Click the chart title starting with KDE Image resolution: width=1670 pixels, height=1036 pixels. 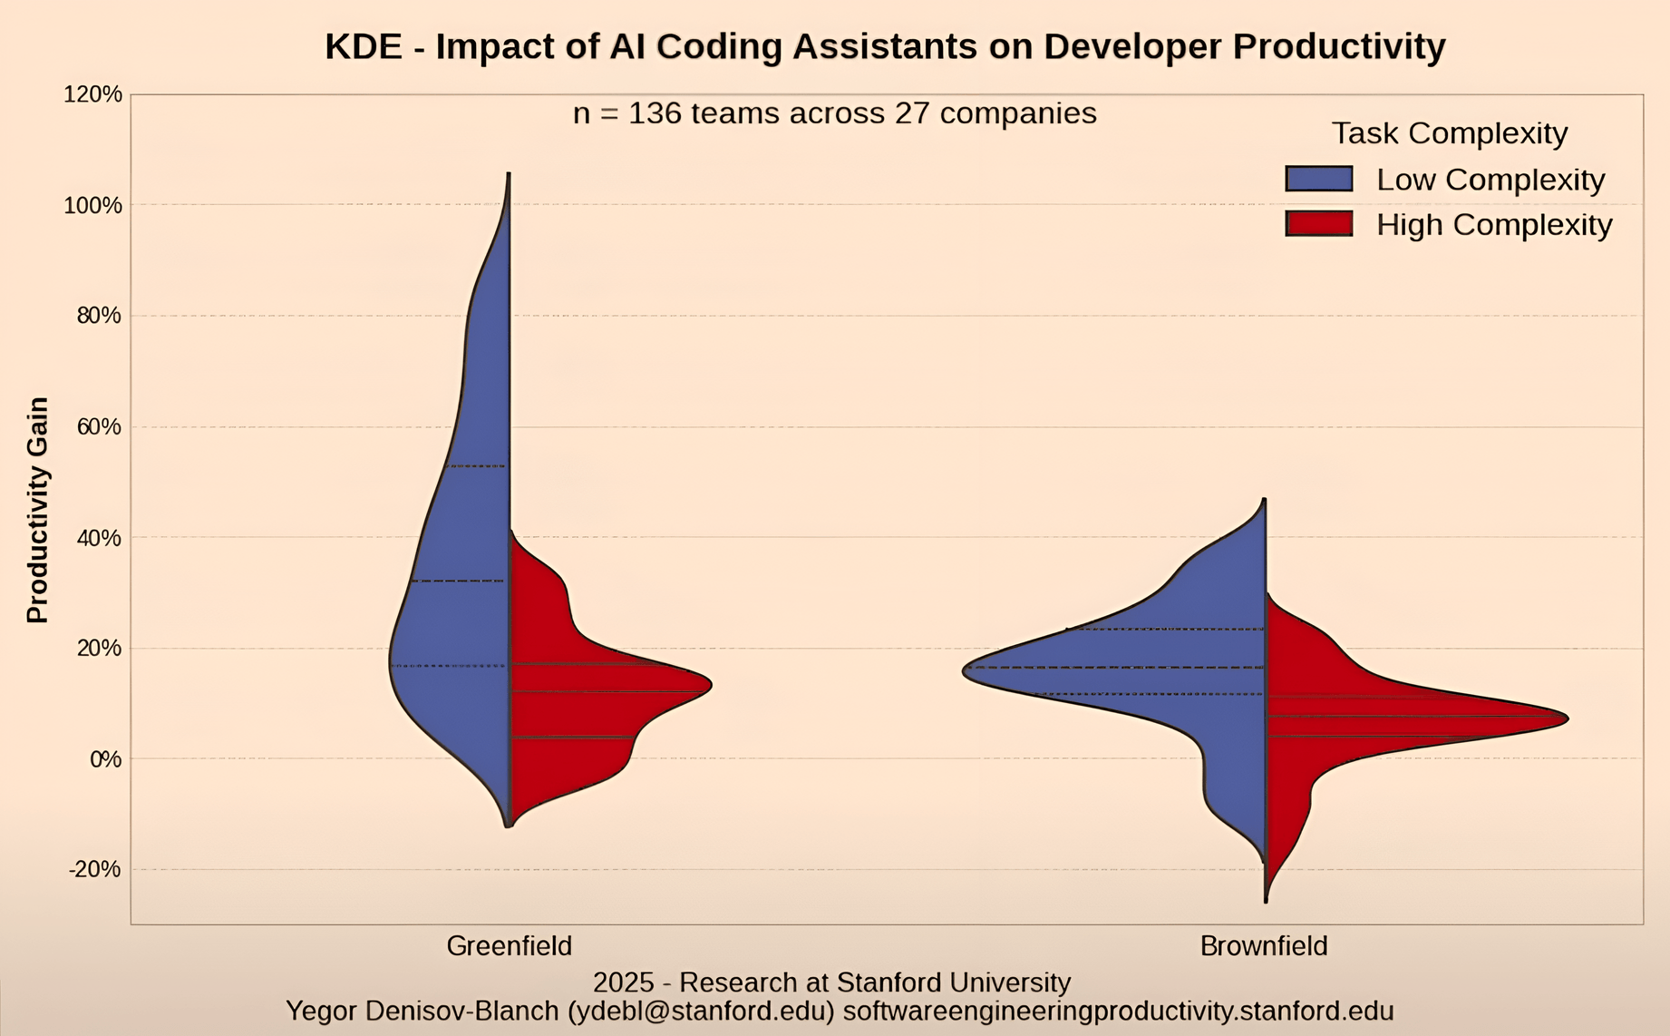coord(885,47)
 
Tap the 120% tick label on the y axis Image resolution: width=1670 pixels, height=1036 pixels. coord(92,94)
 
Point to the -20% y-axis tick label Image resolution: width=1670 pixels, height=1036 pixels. coord(95,869)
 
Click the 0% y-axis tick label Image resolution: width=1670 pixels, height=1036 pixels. coord(105,759)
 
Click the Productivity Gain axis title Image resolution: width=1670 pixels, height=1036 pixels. coord(38,510)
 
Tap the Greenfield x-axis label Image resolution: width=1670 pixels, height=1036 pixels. coord(509,946)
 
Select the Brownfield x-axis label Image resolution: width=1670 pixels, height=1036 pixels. coord(1263,946)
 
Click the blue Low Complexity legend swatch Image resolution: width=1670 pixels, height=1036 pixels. coord(1318,179)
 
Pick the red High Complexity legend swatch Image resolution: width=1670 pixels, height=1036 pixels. coord(1318,224)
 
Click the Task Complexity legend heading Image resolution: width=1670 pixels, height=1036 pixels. coord(1449,133)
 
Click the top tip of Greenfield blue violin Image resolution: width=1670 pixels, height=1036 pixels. coord(509,174)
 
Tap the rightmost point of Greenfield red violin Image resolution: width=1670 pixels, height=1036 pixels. coord(711,686)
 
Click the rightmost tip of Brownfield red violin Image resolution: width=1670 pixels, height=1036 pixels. coord(1567,718)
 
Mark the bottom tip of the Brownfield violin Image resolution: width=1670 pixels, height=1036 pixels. coord(1266,900)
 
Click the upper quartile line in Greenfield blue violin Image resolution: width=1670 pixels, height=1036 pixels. coord(476,466)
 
